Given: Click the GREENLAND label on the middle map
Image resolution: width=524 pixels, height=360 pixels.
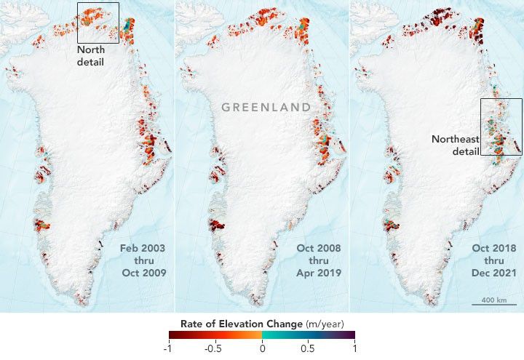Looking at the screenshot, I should (266, 107).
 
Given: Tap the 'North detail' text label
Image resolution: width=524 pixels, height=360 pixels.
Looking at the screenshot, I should (92, 55).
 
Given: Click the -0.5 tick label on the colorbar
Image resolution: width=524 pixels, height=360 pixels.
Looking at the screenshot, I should (213, 348).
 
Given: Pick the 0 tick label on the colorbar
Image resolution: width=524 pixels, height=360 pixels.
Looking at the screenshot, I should (262, 348).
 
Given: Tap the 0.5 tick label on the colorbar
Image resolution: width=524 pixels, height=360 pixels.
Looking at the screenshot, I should (309, 348).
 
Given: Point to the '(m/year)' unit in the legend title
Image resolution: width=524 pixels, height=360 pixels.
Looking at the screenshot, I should (323, 323).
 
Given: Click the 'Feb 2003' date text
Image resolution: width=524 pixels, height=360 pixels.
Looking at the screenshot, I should (143, 249).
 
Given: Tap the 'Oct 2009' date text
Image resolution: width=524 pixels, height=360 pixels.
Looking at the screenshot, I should (143, 273).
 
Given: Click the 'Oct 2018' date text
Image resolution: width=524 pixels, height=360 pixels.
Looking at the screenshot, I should (493, 249).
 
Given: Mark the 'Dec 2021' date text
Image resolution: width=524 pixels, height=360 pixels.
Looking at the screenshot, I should (493, 273).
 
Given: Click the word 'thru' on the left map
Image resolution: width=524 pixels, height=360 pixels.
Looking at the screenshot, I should (143, 260).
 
